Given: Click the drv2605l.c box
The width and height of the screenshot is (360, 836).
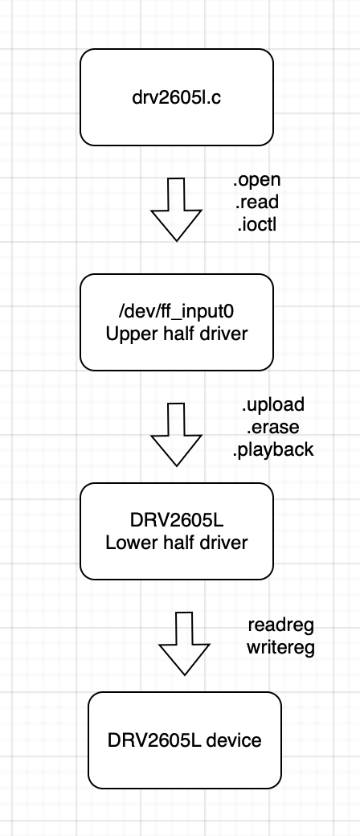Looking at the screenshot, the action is (177, 97).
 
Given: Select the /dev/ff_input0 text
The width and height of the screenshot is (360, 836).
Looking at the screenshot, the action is (177, 311).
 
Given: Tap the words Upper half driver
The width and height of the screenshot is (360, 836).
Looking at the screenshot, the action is (177, 334).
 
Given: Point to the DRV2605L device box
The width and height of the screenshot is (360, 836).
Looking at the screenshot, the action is (185, 740).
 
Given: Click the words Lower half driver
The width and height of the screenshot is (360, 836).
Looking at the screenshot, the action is (177, 543).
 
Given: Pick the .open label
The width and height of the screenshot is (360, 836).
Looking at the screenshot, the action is (256, 180).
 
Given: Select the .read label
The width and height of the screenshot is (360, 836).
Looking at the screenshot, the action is (256, 203).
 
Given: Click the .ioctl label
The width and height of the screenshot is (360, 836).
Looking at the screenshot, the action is (256, 225).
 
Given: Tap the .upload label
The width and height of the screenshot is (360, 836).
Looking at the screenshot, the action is (273, 404).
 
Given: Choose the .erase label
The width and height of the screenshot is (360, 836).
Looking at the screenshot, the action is (273, 427).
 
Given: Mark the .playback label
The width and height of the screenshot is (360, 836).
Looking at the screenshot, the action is (273, 450).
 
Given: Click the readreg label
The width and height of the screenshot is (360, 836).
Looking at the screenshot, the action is (281, 625).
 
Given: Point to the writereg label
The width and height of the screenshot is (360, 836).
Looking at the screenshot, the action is (281, 647).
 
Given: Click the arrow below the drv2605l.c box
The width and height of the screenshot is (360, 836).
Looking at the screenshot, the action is (177, 210).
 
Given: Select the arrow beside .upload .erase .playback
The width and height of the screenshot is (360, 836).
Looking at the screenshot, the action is (177, 435).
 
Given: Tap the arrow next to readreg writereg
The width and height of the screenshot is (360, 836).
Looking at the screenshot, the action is (185, 644).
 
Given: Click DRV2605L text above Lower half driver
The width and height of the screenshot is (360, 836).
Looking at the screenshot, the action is (177, 520).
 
